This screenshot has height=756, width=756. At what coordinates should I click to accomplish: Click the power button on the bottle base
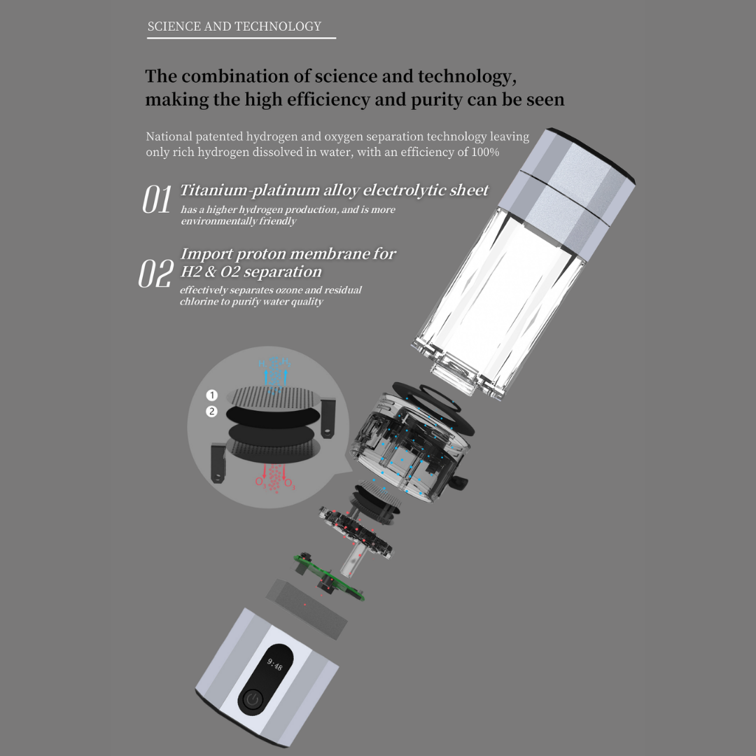253,699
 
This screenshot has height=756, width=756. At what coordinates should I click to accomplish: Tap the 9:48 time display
275,664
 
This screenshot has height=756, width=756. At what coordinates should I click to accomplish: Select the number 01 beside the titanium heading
157,200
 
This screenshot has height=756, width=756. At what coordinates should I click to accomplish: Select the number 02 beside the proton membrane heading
155,274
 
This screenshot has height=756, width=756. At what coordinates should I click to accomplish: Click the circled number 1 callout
211,396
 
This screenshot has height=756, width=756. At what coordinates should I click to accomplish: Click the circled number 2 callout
211,412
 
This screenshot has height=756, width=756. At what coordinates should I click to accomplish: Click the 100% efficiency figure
484,152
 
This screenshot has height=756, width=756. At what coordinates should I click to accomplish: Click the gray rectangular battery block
307,608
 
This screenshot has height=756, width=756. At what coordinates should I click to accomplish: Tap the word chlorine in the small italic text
198,302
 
